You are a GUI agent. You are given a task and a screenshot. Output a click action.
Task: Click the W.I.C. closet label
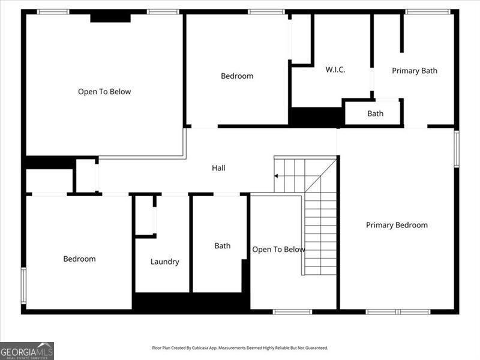[335, 70]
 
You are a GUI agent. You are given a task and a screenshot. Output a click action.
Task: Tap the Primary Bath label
[415, 71]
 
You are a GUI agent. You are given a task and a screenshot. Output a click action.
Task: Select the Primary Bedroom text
[397, 225]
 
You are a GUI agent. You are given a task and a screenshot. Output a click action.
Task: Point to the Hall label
[218, 168]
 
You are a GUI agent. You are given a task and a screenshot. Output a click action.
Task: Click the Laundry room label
[164, 262]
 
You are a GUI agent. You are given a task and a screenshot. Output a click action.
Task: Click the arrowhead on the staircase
[276, 176]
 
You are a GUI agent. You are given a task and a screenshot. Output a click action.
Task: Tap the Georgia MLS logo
[27, 350]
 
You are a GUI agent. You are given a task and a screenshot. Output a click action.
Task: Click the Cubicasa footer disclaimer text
[240, 348]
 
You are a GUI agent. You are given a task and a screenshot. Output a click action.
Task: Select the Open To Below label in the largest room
[104, 92]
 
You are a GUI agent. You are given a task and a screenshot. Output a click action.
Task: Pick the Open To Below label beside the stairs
[278, 250]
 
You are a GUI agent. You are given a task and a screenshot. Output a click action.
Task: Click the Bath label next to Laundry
[223, 246]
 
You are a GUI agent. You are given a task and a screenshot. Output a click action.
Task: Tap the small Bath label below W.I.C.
[376, 113]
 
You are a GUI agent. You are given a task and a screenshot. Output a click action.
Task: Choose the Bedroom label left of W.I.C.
[237, 76]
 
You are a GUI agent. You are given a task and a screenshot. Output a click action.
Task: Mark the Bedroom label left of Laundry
[79, 259]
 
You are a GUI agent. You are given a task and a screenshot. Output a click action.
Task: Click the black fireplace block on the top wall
[110, 17]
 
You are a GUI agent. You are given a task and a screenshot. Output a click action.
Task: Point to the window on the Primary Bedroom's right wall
[456, 149]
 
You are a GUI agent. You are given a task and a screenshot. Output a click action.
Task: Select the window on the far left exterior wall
[23, 286]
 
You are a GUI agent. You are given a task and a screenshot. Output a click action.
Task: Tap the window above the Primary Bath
[427, 11]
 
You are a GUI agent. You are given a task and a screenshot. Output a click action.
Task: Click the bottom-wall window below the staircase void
[292, 311]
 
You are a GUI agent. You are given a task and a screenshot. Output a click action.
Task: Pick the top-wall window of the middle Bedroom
[266, 11]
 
